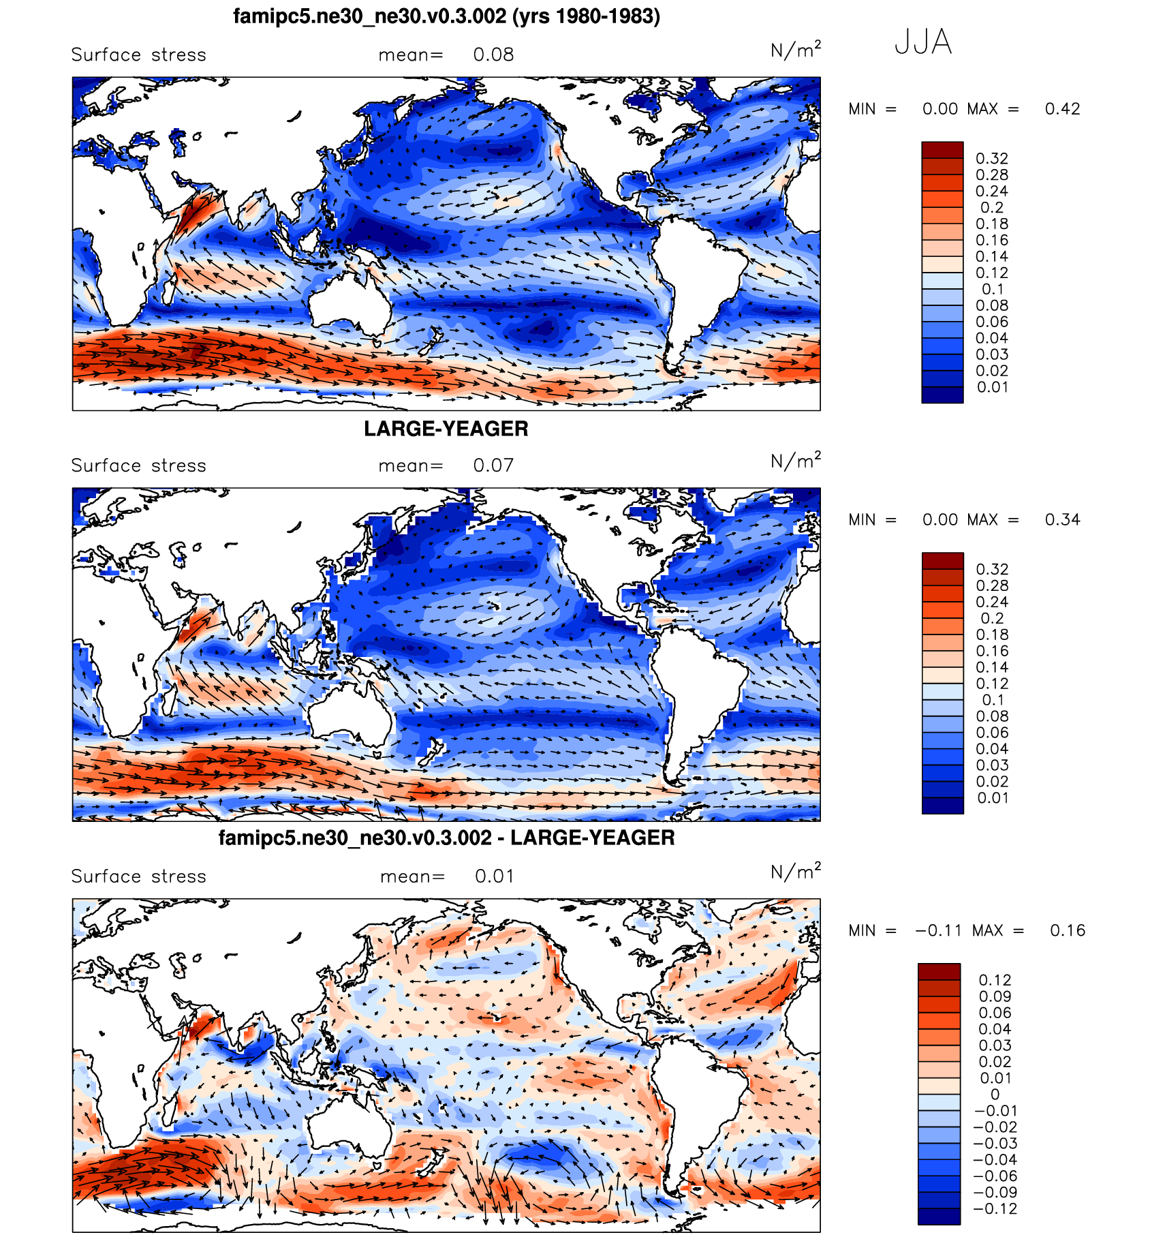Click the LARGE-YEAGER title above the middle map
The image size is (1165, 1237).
(x=446, y=429)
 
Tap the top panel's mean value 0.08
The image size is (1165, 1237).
(x=493, y=55)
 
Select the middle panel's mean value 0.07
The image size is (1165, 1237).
(x=493, y=466)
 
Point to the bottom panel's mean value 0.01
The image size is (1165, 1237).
(x=495, y=876)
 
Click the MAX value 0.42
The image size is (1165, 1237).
(x=1062, y=109)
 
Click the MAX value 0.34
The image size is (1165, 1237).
(x=1062, y=520)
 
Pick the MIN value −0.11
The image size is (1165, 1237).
(x=938, y=931)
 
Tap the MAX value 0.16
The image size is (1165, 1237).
(x=1067, y=931)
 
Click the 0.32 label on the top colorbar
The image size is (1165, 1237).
(x=991, y=159)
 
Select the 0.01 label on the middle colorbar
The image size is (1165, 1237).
(x=992, y=798)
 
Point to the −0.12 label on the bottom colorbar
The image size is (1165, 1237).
(x=995, y=1209)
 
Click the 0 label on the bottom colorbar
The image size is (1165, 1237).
(x=995, y=1095)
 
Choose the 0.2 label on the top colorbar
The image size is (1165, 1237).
(x=991, y=208)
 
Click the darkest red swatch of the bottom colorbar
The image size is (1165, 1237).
(x=939, y=971)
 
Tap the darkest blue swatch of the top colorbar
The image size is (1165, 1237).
(x=942, y=395)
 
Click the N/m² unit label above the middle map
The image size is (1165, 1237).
(x=795, y=461)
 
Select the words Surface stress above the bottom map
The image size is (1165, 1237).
(x=138, y=876)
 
